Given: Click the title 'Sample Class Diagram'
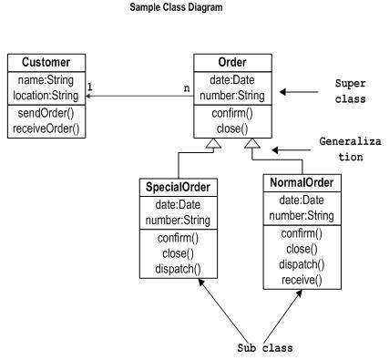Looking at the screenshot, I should pos(176,7).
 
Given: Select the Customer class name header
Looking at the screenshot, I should pos(46,63).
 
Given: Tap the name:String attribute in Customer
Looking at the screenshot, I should pos(46,79).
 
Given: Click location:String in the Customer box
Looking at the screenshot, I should pos(46,94).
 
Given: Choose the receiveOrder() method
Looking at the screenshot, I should pos(46,128).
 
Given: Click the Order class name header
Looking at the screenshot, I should pos(231,62).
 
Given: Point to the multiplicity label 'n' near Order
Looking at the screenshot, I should pos(186,88).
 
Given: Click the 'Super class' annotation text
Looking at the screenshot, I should pos(352,90).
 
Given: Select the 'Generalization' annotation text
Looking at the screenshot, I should pos(350,149).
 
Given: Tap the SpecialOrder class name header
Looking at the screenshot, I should pos(178,188).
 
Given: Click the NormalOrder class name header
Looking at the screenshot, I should pos(301,183).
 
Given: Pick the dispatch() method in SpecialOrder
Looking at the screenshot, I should pos(178,270).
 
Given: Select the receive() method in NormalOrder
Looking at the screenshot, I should pos(301,280).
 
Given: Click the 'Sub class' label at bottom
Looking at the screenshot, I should pos(260,348).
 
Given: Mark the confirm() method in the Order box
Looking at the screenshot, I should pos(231,114).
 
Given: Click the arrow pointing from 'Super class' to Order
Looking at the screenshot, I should pos(295,91).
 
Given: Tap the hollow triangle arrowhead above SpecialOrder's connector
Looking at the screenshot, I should pos(211,145).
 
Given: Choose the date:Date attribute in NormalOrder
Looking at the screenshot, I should pos(301,201).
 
